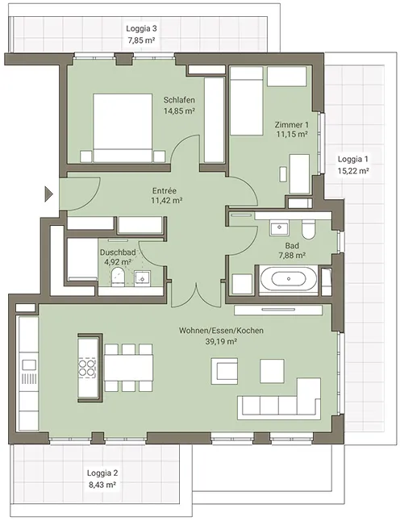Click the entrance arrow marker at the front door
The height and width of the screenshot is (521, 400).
pyautogui.click(x=48, y=194)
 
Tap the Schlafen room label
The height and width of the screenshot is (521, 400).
pyautogui.click(x=179, y=100)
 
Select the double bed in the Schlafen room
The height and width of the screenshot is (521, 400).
pyautogui.click(x=123, y=128)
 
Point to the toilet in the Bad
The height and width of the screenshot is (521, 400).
pyautogui.click(x=308, y=230)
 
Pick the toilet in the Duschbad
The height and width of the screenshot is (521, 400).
pyautogui.click(x=118, y=277)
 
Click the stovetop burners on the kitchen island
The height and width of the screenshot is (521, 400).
pyautogui.click(x=87, y=367)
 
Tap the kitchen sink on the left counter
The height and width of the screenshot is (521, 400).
pyautogui.click(x=28, y=365)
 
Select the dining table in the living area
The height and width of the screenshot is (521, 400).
pyautogui.click(x=128, y=368)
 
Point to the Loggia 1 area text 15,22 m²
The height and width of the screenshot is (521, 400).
pyautogui.click(x=353, y=171)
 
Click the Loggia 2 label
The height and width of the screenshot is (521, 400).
pyautogui.click(x=102, y=473)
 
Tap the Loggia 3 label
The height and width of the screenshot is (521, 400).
pyautogui.click(x=141, y=28)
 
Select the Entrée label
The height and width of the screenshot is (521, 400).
pyautogui.click(x=165, y=190)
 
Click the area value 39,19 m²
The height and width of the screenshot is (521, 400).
pyautogui.click(x=221, y=342)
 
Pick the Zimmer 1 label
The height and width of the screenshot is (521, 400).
pyautogui.click(x=291, y=125)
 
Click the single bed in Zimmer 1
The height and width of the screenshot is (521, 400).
pyautogui.click(x=247, y=101)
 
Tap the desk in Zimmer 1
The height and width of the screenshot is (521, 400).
pyautogui.click(x=299, y=173)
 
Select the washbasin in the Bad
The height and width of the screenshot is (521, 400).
pyautogui.click(x=279, y=228)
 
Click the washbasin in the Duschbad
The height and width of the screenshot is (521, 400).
pyautogui.click(x=142, y=278)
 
